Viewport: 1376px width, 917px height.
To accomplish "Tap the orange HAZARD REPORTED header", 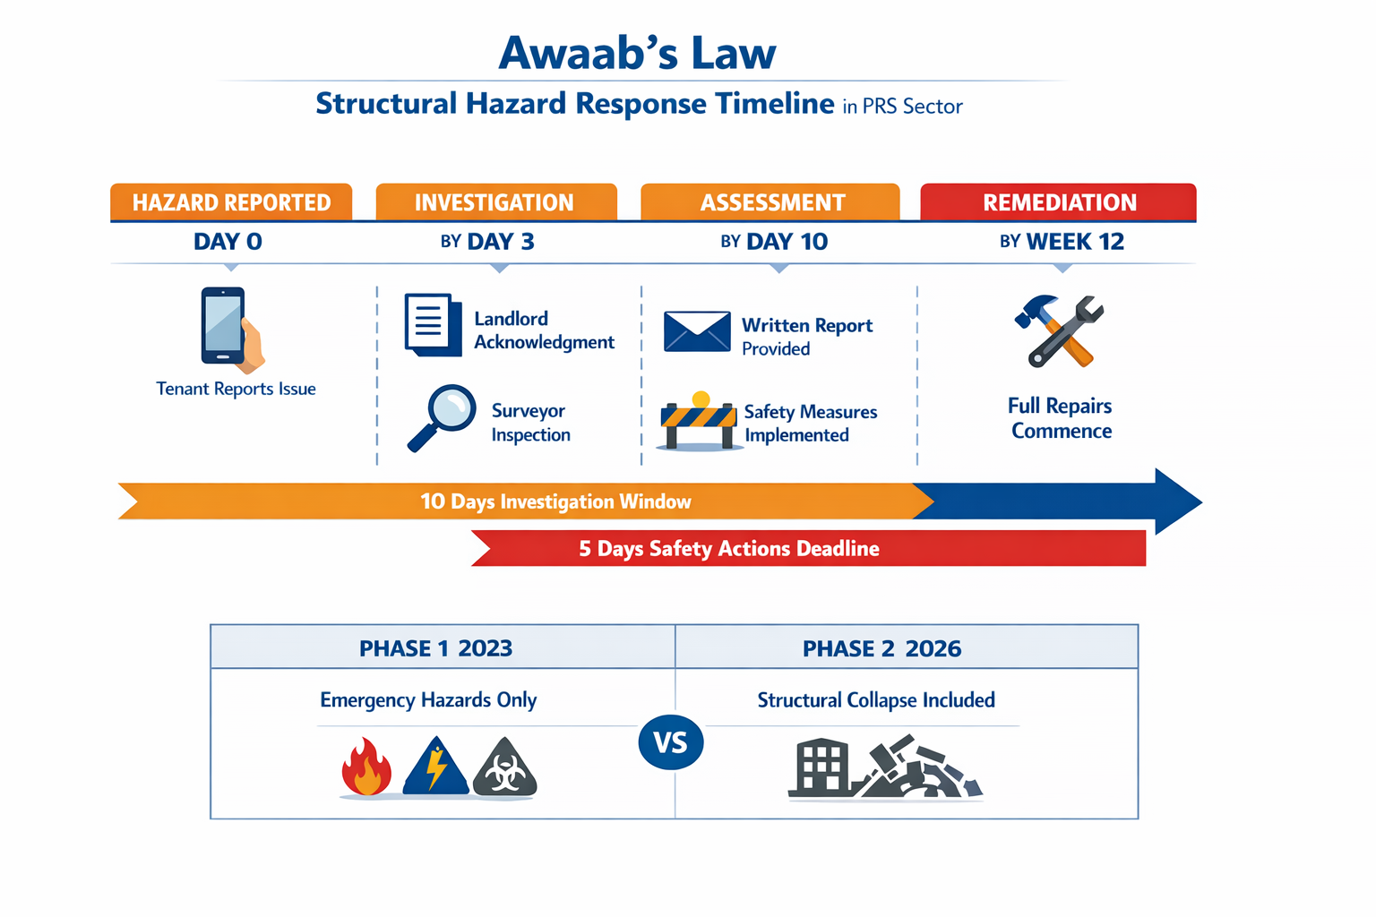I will point(231,202).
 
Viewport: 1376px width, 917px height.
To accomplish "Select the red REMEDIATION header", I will point(1059,202).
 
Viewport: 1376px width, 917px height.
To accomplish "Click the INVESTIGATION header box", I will point(495,202).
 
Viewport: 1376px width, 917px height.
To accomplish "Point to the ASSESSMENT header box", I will point(770,202).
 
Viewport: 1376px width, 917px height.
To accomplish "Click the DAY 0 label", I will point(228,242).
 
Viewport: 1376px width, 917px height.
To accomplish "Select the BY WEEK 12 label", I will point(1062,242).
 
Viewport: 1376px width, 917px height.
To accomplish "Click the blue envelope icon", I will point(697,331).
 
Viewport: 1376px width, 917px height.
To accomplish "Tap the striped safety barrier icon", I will point(698,422).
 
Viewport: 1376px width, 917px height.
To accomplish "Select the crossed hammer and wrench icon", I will point(1060,331).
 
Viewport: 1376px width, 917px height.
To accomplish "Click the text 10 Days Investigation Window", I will point(555,501).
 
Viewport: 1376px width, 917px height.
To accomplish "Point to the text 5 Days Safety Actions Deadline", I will point(728,549).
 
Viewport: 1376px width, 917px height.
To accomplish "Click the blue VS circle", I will point(671,742).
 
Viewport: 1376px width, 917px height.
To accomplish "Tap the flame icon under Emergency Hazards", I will point(366,767).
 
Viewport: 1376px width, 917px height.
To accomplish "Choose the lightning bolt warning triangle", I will point(436,767).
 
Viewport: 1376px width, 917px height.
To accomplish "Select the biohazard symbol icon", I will point(505,769).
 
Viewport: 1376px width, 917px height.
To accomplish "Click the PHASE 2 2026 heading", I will point(881,648).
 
